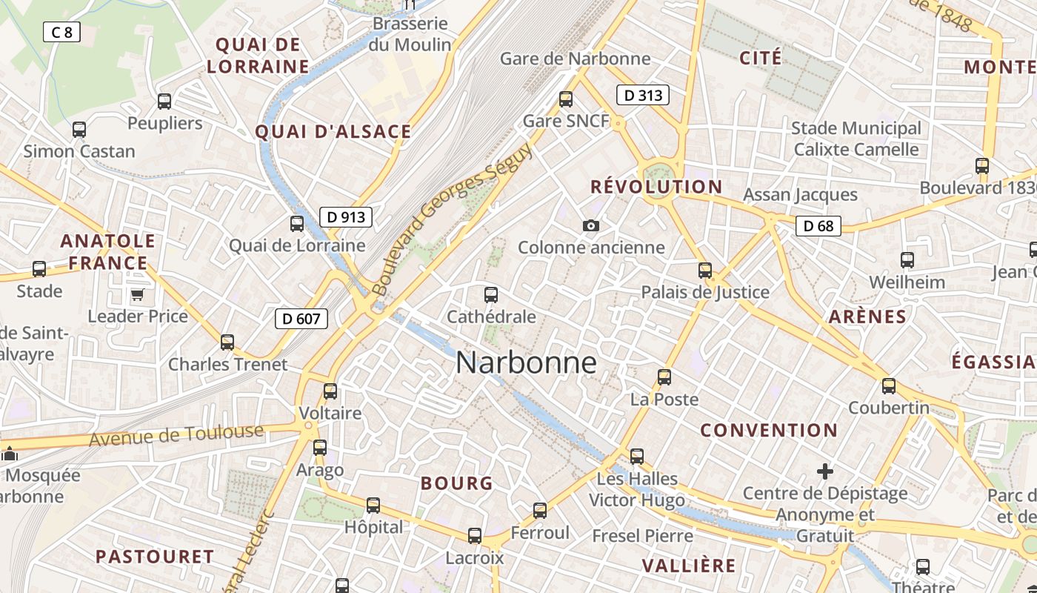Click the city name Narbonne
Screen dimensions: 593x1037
point(526,362)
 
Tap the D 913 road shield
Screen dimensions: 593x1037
point(346,217)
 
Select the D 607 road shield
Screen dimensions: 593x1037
point(301,319)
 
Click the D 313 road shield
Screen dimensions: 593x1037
point(643,95)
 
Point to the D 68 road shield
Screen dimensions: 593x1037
point(818,226)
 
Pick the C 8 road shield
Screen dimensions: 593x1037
point(61,32)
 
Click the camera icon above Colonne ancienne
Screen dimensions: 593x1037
point(590,225)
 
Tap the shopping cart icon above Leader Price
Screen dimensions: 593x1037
point(137,296)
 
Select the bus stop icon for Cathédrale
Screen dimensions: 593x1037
point(490,295)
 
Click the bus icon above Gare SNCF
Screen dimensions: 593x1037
point(566,99)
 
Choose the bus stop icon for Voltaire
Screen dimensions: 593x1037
point(330,391)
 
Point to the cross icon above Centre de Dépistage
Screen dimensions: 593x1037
point(824,471)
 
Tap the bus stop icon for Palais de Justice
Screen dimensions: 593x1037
point(705,271)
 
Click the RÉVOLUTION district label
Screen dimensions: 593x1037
point(656,187)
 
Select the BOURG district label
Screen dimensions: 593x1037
point(456,483)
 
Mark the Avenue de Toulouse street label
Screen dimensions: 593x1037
point(176,436)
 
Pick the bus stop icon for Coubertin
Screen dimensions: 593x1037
point(889,386)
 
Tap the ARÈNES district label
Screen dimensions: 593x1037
point(867,317)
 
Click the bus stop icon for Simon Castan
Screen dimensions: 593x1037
point(79,130)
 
